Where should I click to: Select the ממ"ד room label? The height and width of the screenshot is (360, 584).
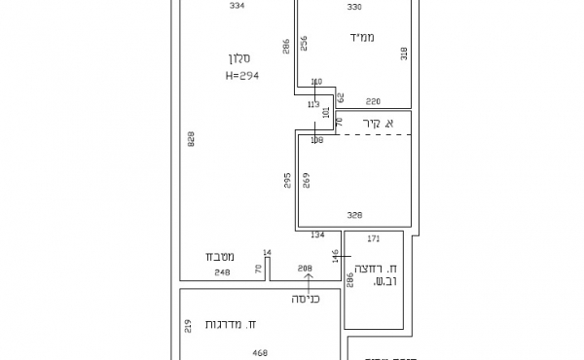(360, 37)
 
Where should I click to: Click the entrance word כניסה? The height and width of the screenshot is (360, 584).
(308, 300)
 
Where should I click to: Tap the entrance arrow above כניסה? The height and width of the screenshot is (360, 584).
(309, 282)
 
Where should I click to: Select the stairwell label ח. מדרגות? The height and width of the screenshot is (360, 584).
(232, 323)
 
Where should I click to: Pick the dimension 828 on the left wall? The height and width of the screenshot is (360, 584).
(191, 141)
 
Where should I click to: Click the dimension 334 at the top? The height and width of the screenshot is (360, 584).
(237, 6)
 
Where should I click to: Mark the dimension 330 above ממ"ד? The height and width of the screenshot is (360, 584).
(354, 7)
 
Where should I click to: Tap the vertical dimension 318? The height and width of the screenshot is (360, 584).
(404, 54)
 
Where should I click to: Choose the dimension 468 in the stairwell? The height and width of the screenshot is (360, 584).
(260, 353)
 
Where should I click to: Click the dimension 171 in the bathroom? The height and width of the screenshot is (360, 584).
(373, 238)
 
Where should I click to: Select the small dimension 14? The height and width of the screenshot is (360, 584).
(267, 253)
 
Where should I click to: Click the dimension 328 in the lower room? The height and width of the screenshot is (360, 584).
(355, 214)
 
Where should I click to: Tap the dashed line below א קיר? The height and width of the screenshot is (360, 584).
(375, 135)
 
